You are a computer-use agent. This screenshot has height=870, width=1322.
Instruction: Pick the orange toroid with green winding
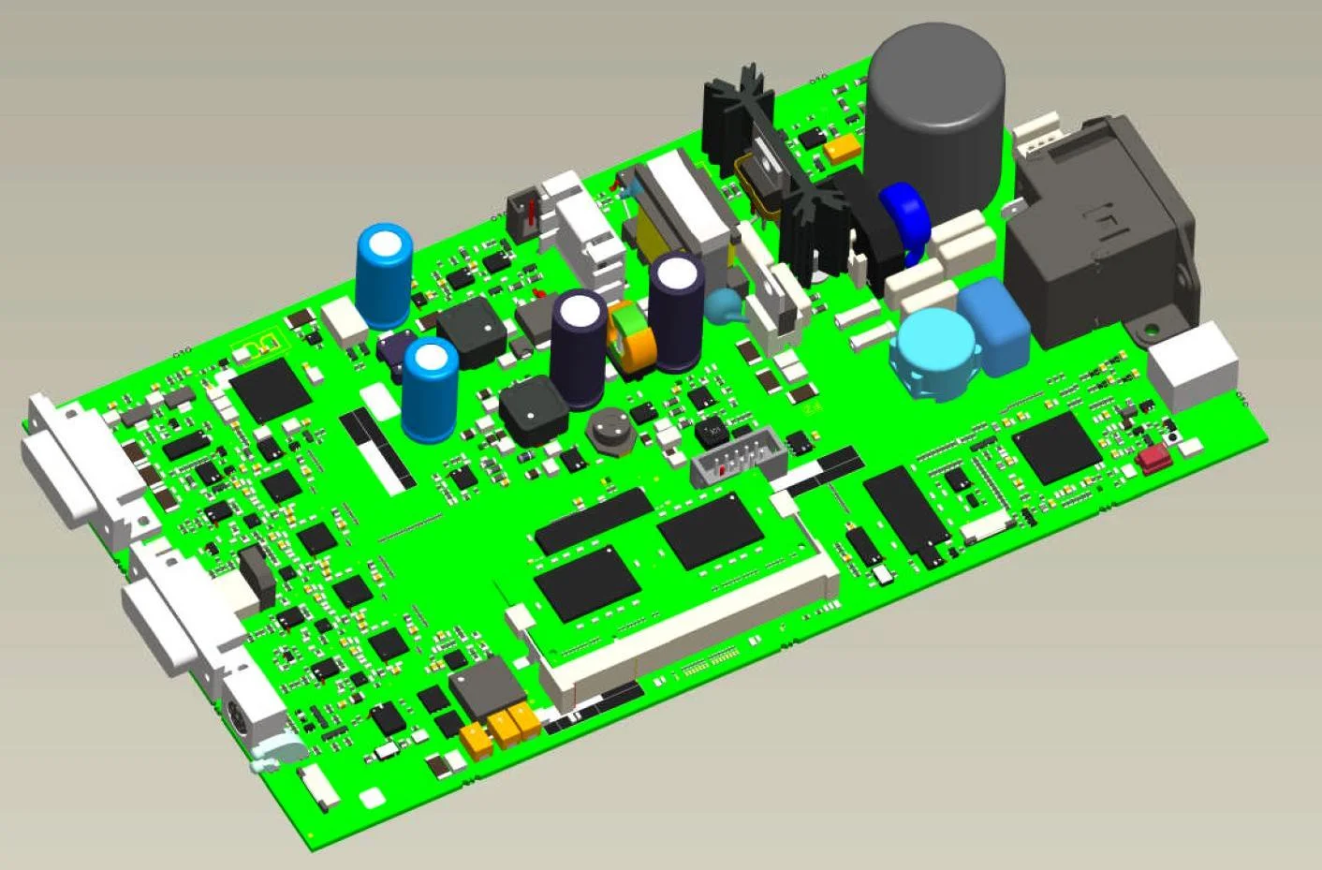coord(633,338)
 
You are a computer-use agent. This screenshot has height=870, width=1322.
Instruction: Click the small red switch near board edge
coord(1155,457)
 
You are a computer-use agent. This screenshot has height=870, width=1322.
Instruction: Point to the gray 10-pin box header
coord(737,455)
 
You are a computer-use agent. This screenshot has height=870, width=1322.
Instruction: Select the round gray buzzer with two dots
coord(610,432)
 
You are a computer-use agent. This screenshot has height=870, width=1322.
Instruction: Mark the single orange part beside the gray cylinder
coord(843,146)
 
